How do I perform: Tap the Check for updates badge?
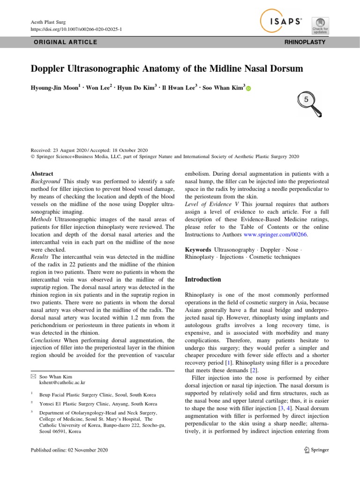321,25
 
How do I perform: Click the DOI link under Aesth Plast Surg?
76,29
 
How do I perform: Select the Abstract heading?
42,173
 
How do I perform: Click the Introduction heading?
203,279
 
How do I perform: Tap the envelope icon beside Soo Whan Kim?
33,376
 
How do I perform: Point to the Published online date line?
69,450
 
